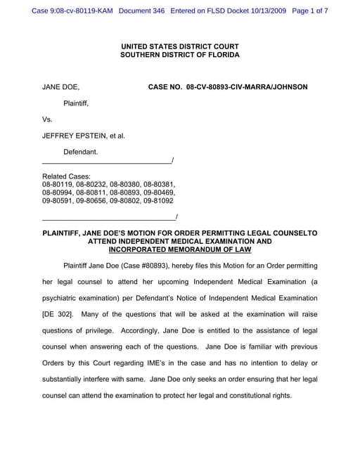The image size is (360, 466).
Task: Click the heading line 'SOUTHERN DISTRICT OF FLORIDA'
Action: [179, 55]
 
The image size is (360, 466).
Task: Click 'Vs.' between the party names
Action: [48, 119]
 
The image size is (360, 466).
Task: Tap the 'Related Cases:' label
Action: [66, 176]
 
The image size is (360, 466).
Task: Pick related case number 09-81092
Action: [158, 200]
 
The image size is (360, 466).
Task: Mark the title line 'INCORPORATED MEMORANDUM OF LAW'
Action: [179, 250]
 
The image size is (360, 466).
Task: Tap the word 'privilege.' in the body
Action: [96, 330]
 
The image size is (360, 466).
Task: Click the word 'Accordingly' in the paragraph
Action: [143, 330]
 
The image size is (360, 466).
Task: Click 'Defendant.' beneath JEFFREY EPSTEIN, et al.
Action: [81, 152]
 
